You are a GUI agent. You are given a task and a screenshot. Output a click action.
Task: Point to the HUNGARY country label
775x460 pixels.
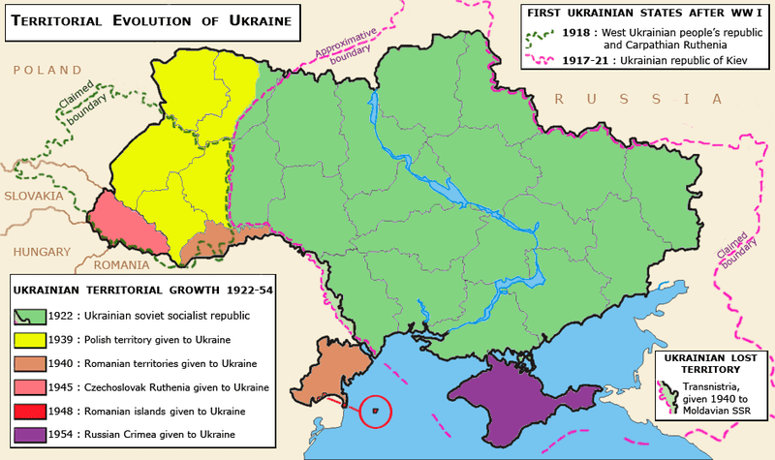click(x=42, y=251)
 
